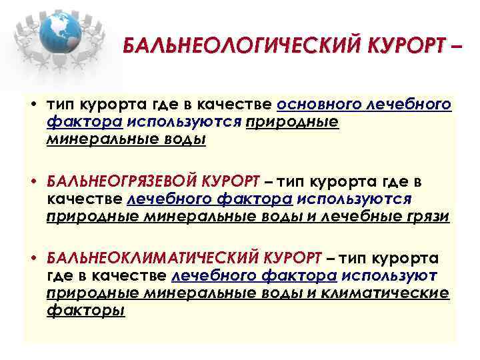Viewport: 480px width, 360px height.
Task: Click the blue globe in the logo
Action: (x=63, y=33)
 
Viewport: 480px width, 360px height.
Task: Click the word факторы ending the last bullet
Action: (x=86, y=310)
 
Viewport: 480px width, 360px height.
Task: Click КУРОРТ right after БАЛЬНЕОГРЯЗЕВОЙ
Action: (x=231, y=182)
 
